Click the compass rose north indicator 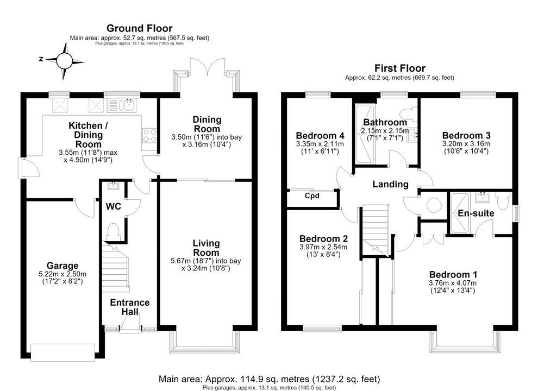coord(41,59)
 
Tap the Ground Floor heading coord(139,28)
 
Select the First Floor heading coord(400,68)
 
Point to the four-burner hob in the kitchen coord(149,135)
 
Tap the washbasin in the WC coord(112,186)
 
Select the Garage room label coord(62,266)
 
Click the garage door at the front coord(63,352)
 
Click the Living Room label coord(206,248)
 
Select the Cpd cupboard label coord(312,195)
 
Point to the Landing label coord(391,184)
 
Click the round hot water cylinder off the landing coord(434,205)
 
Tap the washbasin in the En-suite coord(483,197)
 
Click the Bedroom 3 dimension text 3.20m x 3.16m coord(466,144)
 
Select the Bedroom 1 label coord(453,274)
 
